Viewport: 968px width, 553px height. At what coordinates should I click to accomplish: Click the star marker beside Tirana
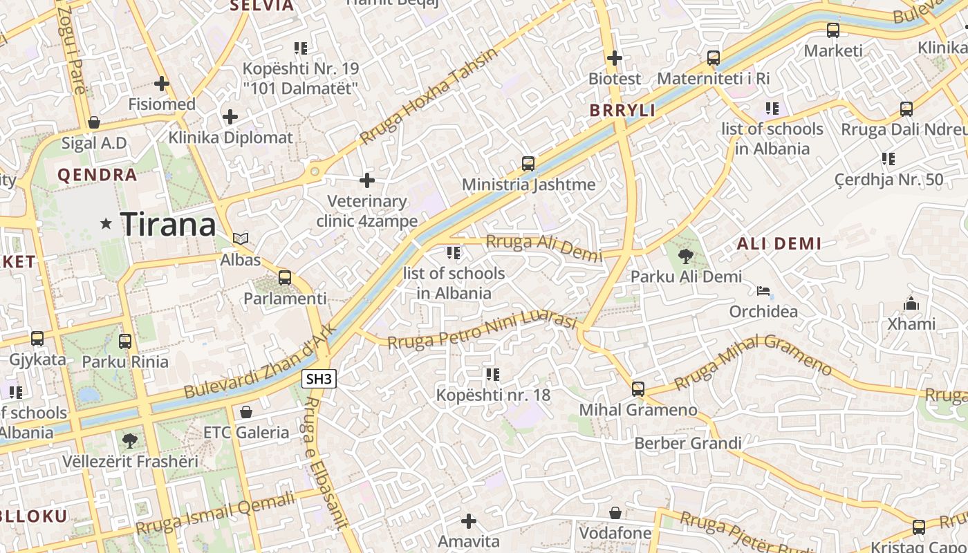tap(106, 223)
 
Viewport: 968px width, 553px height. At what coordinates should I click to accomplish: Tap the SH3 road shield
tap(319, 379)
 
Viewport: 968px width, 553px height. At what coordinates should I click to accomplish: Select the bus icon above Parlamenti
tap(284, 278)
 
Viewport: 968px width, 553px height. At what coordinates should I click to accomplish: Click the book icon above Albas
tap(241, 239)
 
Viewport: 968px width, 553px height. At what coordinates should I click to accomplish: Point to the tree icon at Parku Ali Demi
tap(686, 256)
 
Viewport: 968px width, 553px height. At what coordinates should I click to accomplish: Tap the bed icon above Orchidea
tap(763, 291)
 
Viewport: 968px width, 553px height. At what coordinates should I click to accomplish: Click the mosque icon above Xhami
tap(911, 303)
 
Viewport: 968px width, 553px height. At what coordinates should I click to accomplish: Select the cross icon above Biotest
tap(614, 58)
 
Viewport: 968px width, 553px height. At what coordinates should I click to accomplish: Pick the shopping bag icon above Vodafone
tap(615, 513)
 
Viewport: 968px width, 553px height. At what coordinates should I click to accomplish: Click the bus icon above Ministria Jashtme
tap(528, 164)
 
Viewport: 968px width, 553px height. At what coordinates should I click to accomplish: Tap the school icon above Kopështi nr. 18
tap(492, 375)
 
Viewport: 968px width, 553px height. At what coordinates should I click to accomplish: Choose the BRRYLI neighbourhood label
tap(622, 111)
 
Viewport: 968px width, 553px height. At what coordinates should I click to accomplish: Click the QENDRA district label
tap(97, 175)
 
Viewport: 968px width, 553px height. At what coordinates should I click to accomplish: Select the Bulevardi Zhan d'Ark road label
tap(261, 361)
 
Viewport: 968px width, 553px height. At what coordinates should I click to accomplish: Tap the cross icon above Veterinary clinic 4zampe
tap(367, 181)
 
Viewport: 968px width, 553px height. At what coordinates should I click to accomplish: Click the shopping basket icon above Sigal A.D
tap(94, 123)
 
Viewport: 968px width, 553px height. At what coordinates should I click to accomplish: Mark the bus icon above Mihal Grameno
tap(637, 389)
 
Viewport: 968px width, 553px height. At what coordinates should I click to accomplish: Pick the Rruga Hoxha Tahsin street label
tap(429, 95)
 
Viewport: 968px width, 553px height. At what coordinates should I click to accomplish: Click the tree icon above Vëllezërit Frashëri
tap(129, 440)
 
